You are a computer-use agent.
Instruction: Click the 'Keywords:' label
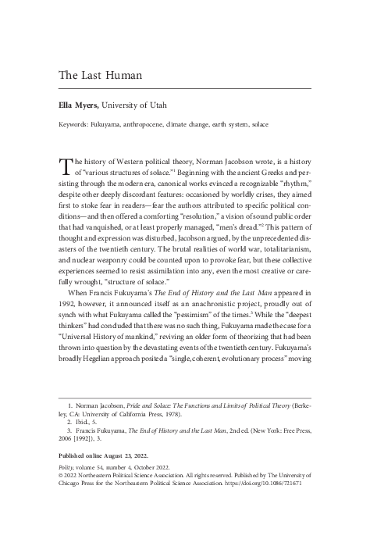75,124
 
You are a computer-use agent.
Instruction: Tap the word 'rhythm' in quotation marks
290,187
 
